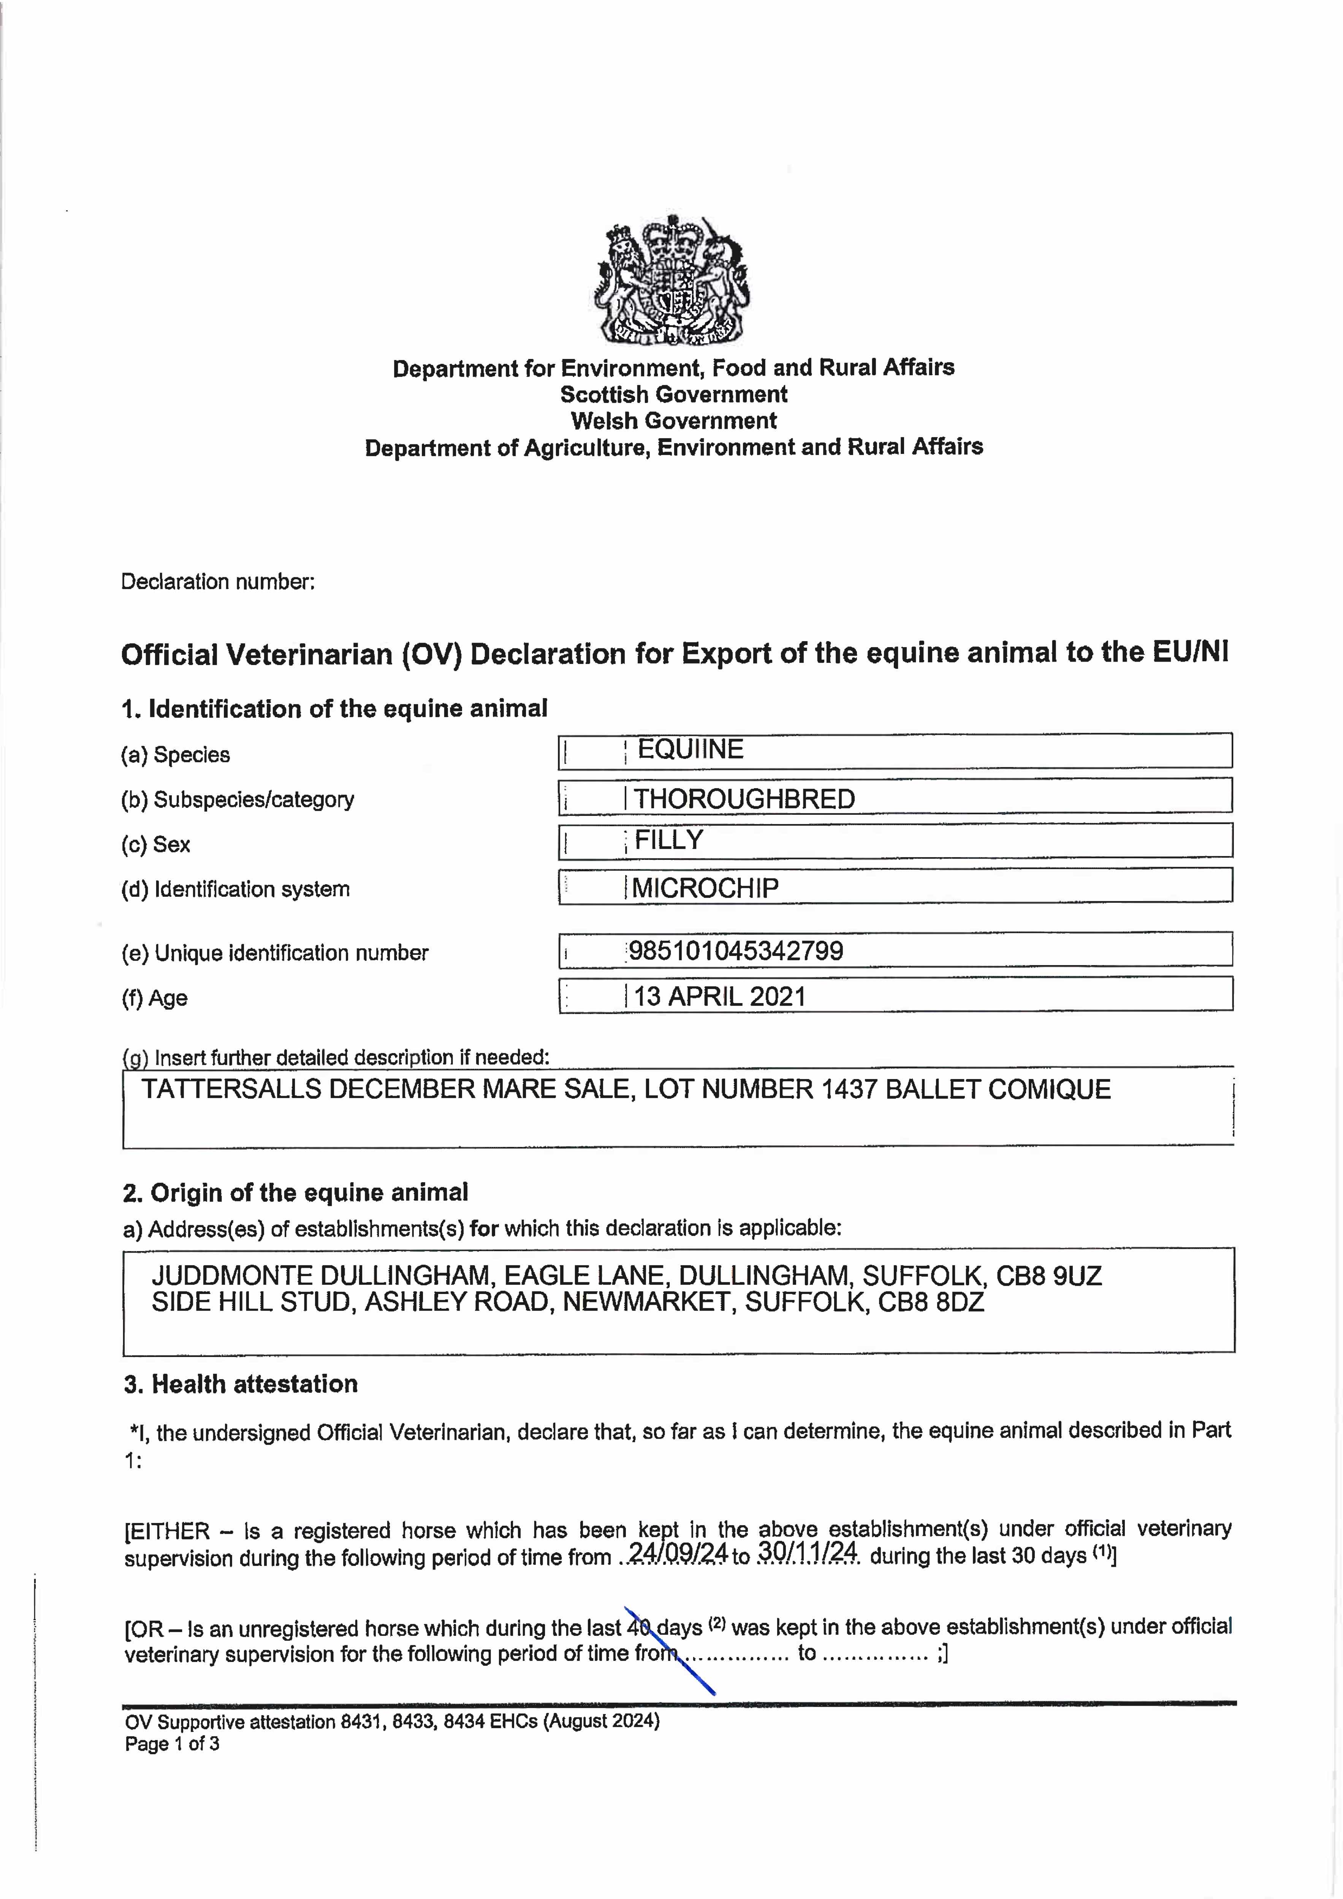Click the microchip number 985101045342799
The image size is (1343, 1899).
tap(736, 950)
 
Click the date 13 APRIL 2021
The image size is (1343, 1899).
tap(720, 996)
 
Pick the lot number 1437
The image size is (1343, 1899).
tap(849, 1089)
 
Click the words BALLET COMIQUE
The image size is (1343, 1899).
tap(998, 1089)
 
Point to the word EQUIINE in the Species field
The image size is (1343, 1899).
tap(690, 749)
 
